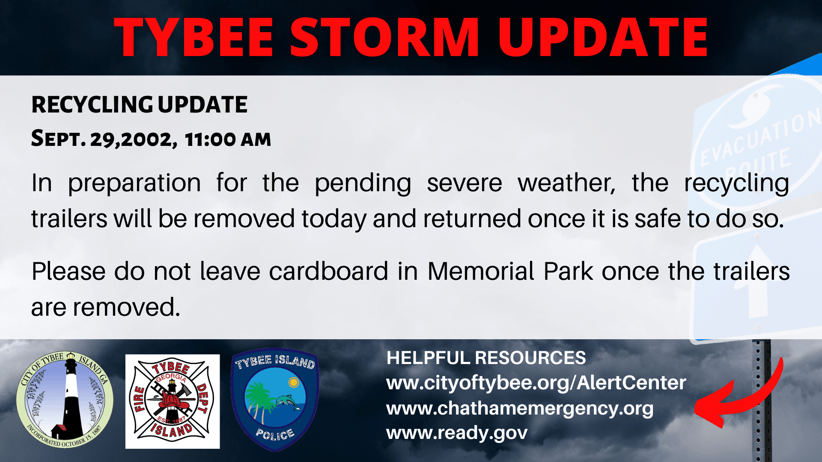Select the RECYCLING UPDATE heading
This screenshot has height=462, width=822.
(x=140, y=104)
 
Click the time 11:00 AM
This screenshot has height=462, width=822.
(x=228, y=139)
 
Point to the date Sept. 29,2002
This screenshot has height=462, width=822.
(x=104, y=139)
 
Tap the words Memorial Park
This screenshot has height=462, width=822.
(x=510, y=271)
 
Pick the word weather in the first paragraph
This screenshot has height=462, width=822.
(x=566, y=183)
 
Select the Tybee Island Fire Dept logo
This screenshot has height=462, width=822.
(x=173, y=401)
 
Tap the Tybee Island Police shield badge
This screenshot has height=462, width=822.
(x=275, y=400)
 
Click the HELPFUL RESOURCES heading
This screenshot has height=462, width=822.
(x=486, y=358)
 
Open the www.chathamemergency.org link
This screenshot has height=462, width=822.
(x=520, y=409)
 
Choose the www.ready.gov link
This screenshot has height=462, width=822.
(x=457, y=433)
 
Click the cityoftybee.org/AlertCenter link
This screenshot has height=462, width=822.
(x=536, y=382)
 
